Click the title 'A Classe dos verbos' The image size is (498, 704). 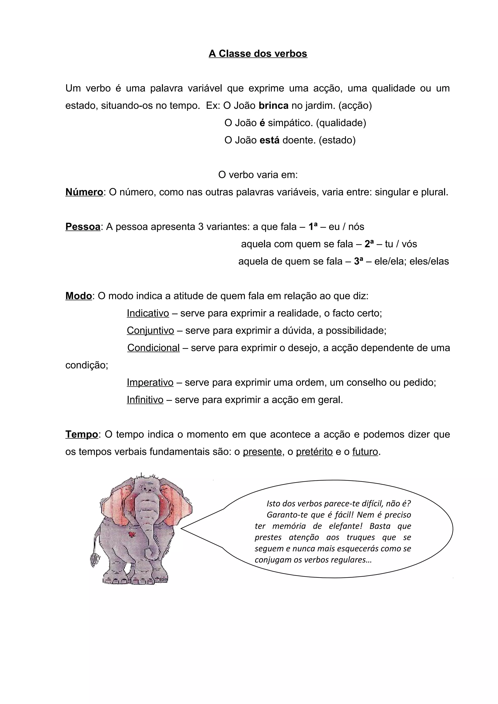(258, 54)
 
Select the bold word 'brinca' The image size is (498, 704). (273, 105)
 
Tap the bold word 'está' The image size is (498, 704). (269, 140)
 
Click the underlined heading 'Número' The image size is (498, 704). (84, 192)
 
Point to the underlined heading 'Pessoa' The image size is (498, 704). (83, 227)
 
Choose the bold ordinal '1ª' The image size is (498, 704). (313, 227)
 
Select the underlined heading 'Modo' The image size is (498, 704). (79, 296)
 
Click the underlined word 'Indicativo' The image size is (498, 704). (148, 313)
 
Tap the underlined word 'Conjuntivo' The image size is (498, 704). (150, 331)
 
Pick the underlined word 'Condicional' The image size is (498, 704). (153, 348)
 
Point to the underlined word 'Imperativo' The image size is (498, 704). (150, 383)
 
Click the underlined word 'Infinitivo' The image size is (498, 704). (145, 400)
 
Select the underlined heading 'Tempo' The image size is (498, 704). (81, 435)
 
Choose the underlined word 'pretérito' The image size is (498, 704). (314, 452)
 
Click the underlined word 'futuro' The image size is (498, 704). (365, 452)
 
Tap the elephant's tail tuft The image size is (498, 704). (95, 561)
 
